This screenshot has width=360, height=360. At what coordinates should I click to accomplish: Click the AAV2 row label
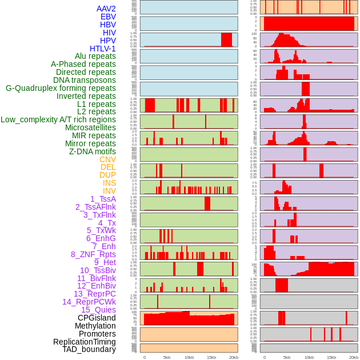(x=106, y=9)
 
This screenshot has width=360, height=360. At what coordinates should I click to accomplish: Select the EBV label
(x=108, y=17)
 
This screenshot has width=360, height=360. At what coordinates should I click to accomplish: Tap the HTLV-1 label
(x=102, y=49)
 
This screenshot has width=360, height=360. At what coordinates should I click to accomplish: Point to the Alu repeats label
(x=95, y=56)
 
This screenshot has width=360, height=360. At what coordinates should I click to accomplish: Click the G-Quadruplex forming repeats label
(x=61, y=88)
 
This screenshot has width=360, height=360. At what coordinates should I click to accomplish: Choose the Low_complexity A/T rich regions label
(x=58, y=119)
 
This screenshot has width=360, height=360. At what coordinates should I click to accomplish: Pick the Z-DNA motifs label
(x=92, y=151)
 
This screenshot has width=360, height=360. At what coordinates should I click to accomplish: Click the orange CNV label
(x=107, y=159)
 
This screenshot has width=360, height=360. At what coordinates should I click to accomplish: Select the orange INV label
(x=109, y=191)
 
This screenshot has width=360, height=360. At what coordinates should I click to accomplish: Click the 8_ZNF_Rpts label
(x=93, y=254)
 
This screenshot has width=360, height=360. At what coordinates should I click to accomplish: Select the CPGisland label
(x=97, y=318)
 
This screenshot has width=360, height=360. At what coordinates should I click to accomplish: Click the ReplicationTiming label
(x=84, y=342)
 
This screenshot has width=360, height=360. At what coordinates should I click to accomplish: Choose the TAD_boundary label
(x=89, y=349)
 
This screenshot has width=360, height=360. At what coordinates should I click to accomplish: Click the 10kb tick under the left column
(x=189, y=357)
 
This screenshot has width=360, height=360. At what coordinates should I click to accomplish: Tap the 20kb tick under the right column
(x=354, y=357)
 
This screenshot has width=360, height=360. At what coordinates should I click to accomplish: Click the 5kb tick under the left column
(x=167, y=357)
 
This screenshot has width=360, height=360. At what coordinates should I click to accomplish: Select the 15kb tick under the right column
(x=331, y=357)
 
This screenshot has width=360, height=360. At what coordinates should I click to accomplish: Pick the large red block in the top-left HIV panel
(x=226, y=39)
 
